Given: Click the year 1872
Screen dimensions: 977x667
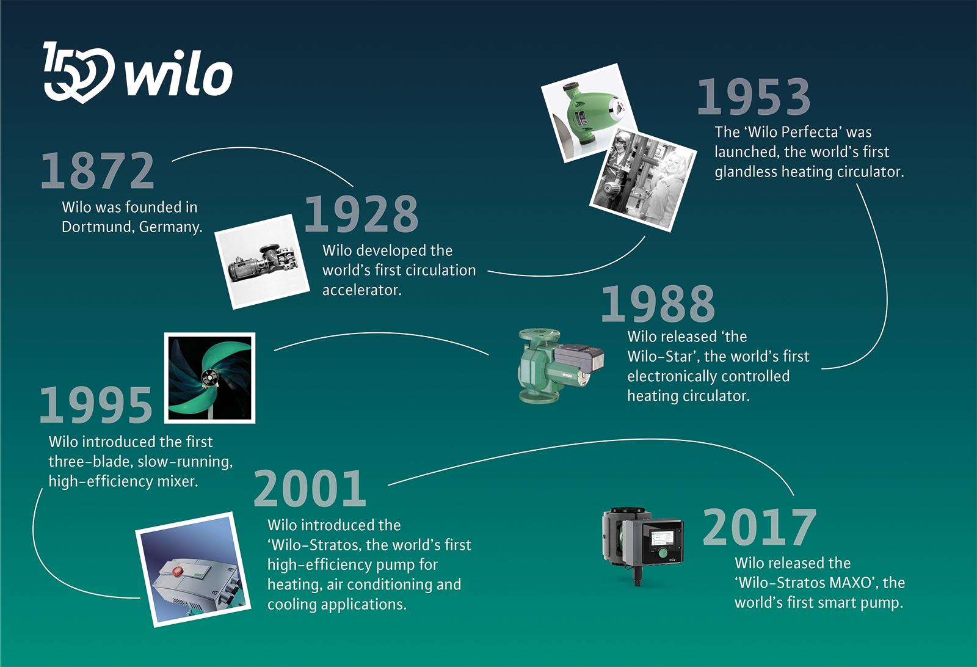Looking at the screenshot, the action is click(97, 170).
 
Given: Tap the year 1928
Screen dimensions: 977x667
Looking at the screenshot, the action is click(361, 214).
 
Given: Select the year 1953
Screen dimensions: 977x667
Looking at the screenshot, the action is click(754, 97).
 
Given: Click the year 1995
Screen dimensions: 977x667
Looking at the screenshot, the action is click(96, 405).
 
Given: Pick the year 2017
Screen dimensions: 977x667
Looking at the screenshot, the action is click(760, 527).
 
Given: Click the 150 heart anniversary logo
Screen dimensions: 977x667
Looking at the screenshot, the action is click(79, 72).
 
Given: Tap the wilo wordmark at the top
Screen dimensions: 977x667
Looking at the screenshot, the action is click(179, 74).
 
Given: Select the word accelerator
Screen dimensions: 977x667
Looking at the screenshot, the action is click(361, 290).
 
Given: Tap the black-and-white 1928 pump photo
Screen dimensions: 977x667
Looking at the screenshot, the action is click(262, 261).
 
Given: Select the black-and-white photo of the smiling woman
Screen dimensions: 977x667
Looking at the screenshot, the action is click(643, 180).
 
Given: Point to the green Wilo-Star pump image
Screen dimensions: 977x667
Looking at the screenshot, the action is click(560, 365).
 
